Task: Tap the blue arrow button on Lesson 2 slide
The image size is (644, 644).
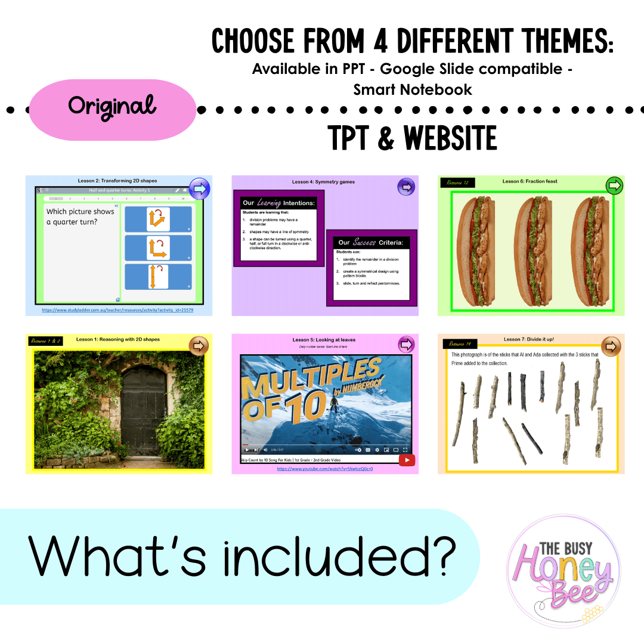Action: pyautogui.click(x=199, y=188)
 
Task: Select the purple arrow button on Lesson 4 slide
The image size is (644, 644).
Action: pyautogui.click(x=406, y=187)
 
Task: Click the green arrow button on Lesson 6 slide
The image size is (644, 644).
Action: pyautogui.click(x=614, y=186)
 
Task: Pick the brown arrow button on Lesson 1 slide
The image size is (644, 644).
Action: pyautogui.click(x=199, y=346)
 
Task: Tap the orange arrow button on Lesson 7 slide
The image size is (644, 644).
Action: pyautogui.click(x=611, y=346)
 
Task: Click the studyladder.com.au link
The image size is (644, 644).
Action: pyautogui.click(x=117, y=311)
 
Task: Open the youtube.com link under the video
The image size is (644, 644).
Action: pyautogui.click(x=325, y=469)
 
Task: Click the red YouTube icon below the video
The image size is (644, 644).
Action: pyautogui.click(x=407, y=460)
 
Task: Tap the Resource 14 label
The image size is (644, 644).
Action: pyautogui.click(x=460, y=344)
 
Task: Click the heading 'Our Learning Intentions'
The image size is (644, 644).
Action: pyautogui.click(x=278, y=203)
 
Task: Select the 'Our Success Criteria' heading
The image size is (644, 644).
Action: pyautogui.click(x=370, y=243)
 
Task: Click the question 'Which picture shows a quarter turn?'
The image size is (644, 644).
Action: pyautogui.click(x=80, y=217)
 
